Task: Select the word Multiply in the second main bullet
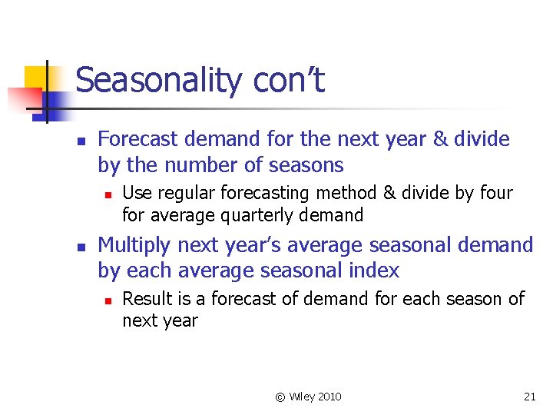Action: coord(135,245)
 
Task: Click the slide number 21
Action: coord(529,397)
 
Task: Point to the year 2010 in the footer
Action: coord(329,397)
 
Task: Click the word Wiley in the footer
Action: coord(300,397)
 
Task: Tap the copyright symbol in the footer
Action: coord(280,397)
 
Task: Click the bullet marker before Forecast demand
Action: coord(81,141)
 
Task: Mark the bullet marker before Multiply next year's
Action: coord(81,247)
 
